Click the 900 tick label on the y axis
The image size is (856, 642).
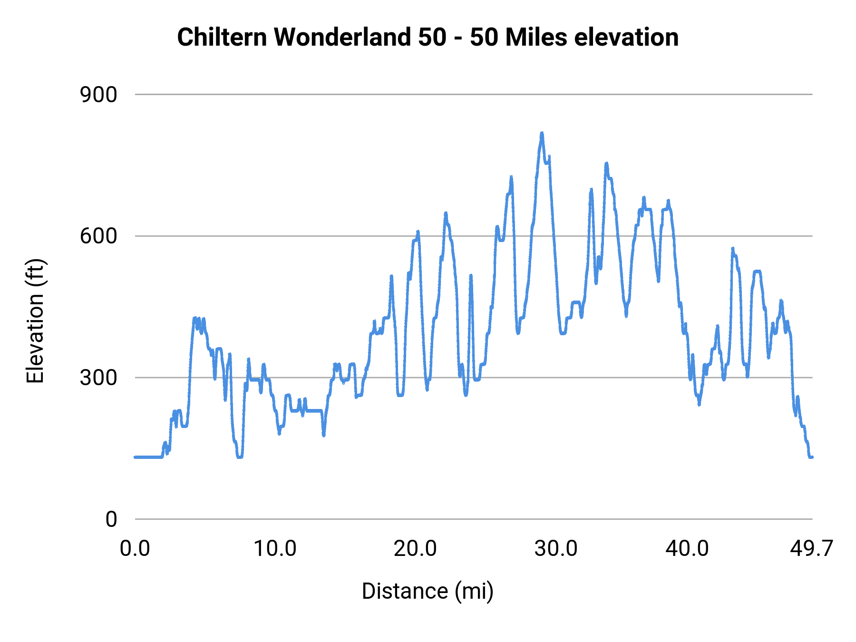tap(98, 95)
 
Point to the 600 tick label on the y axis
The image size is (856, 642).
tap(98, 236)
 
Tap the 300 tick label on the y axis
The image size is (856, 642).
tap(98, 378)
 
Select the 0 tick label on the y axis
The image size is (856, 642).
tap(111, 519)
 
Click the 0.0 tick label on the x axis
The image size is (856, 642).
tap(135, 549)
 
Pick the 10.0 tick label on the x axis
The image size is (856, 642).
tap(275, 549)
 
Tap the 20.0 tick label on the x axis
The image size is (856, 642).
tap(415, 549)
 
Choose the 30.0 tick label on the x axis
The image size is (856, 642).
tap(555, 549)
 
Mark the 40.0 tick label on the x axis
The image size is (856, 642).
tap(687, 549)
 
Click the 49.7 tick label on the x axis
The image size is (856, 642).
tap(811, 549)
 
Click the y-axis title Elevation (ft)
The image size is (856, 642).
tap(35, 321)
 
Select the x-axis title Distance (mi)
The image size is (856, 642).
tap(428, 591)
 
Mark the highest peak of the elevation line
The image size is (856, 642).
tap(542, 133)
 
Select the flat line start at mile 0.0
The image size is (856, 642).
tap(136, 457)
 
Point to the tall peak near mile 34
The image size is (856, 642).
tap(606, 164)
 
